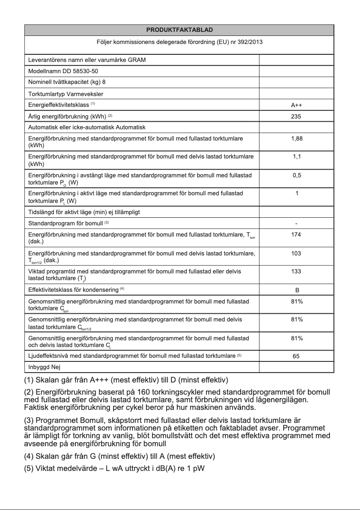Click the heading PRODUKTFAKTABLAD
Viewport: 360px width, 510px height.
[180, 30]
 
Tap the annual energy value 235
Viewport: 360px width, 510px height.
[296, 117]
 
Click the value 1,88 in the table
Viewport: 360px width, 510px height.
[296, 139]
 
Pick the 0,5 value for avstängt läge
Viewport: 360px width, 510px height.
[296, 176]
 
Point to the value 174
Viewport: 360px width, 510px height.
[296, 235]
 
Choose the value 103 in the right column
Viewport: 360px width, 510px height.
[296, 254]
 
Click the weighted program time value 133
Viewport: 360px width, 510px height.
[296, 272]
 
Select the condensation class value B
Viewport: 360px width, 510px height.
[296, 290]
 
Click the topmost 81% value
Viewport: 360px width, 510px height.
[296, 301]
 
